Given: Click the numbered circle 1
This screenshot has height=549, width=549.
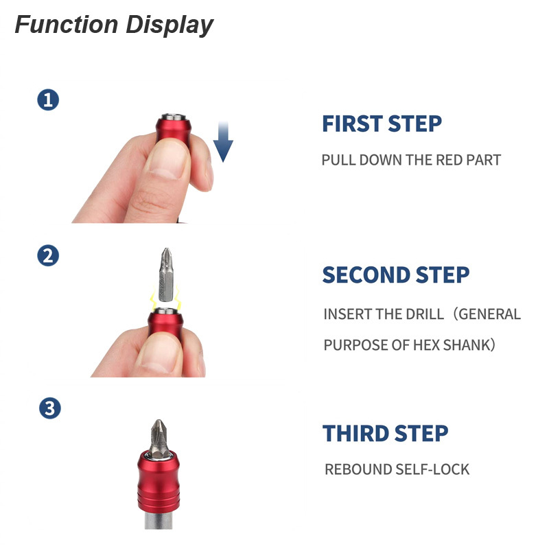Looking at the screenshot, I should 48,100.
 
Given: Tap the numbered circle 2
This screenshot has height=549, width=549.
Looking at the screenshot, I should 48,256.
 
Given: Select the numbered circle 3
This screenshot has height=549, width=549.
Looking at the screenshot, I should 49,408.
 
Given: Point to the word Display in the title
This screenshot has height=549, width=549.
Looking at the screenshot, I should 169,25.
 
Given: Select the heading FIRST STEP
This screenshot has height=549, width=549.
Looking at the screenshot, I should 382,124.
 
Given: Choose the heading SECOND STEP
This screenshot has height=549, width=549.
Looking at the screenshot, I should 395,274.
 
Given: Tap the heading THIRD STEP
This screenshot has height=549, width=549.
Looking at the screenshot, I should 385,434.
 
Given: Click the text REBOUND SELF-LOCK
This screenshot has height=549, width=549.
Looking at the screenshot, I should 397,470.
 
